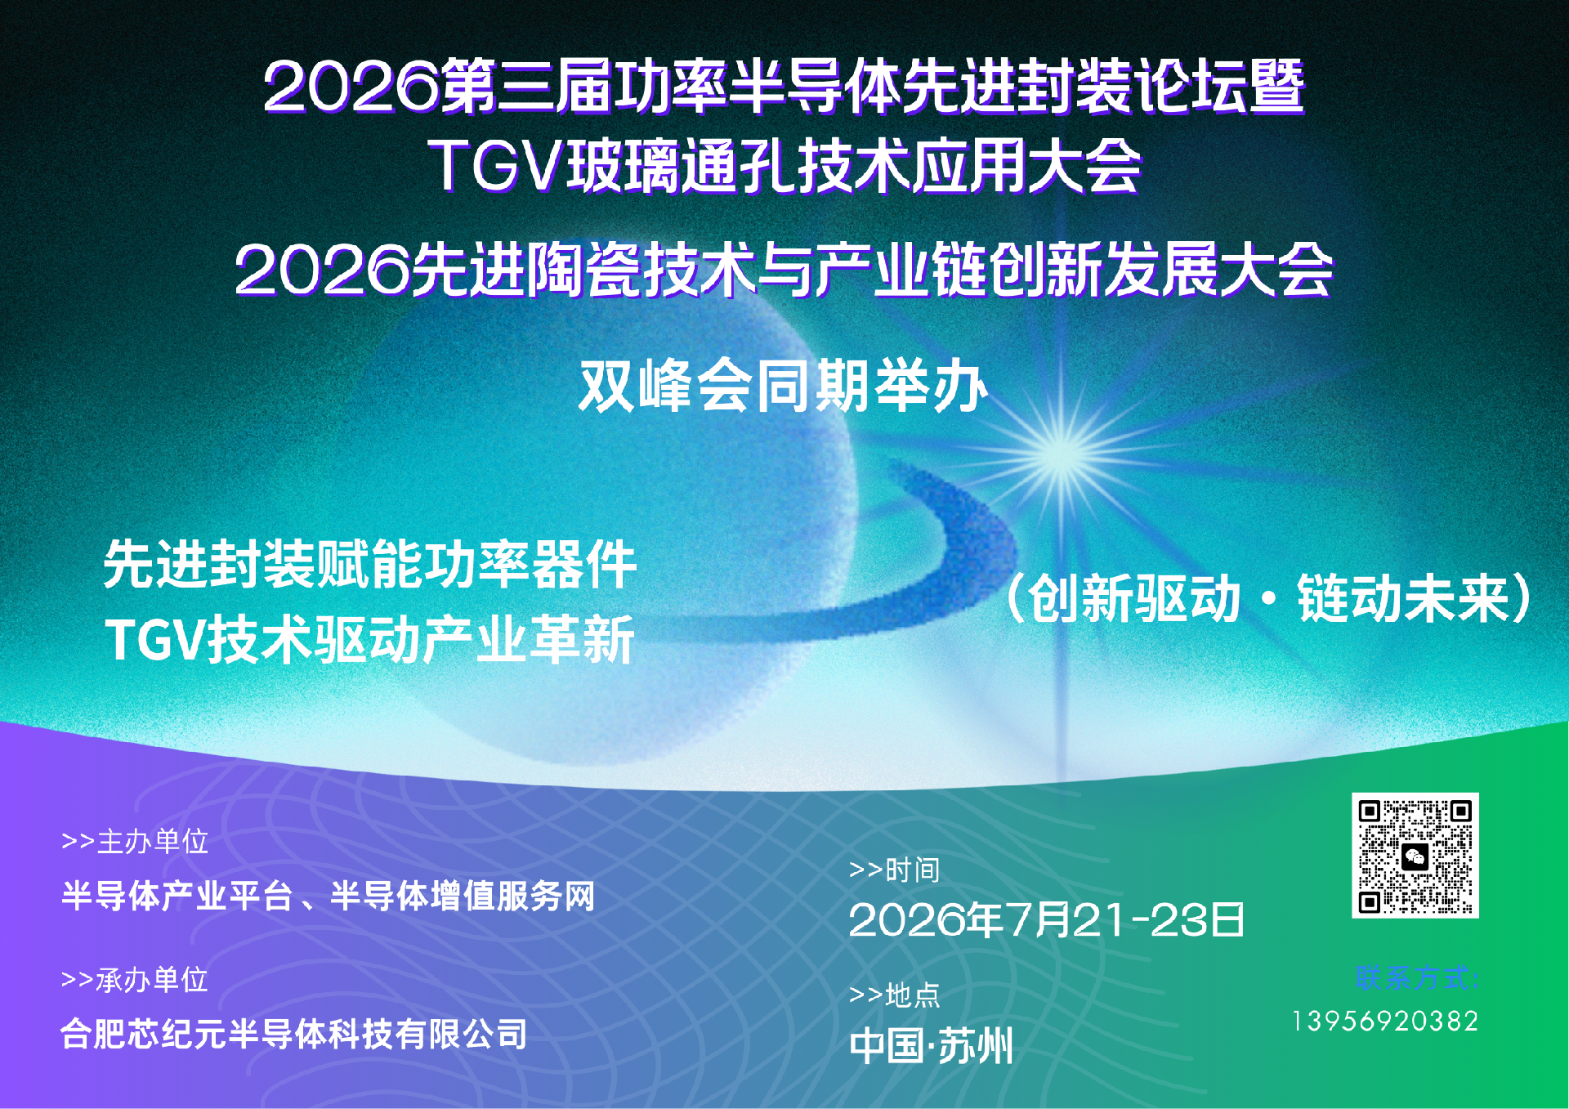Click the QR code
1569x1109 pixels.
(x=1415, y=855)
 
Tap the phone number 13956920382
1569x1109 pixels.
(x=1385, y=1022)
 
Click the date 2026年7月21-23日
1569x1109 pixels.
(x=1046, y=920)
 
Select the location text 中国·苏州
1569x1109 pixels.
(x=931, y=1046)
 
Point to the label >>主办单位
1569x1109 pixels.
(x=135, y=841)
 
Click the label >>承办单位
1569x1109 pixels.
(x=135, y=979)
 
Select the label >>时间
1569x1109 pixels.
(x=894, y=870)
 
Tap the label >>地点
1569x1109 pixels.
(x=894, y=995)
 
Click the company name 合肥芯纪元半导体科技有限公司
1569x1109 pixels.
(x=294, y=1035)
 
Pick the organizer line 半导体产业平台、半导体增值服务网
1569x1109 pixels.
(x=328, y=897)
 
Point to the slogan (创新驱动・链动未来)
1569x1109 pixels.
(x=1267, y=599)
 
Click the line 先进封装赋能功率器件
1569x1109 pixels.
(x=369, y=564)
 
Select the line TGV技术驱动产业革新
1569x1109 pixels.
(x=369, y=639)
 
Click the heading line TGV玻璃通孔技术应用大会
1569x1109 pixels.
(x=784, y=166)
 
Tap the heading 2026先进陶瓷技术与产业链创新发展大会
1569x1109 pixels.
(x=784, y=271)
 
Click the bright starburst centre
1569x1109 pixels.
(x=1062, y=454)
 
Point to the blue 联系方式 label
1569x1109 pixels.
(x=1417, y=977)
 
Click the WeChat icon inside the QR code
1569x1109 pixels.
(x=1415, y=856)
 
